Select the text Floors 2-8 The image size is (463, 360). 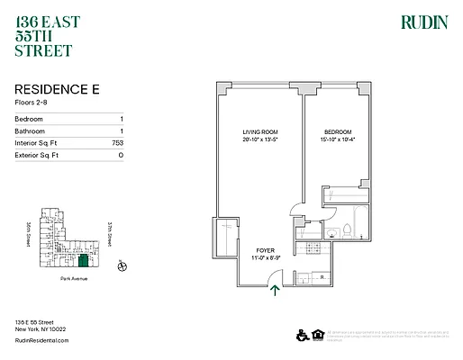click(x=34, y=103)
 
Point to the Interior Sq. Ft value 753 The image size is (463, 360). click(x=117, y=143)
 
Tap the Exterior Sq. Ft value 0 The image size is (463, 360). click(x=121, y=156)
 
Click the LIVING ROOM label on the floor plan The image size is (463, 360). click(x=258, y=132)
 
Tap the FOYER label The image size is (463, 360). click(x=265, y=251)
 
